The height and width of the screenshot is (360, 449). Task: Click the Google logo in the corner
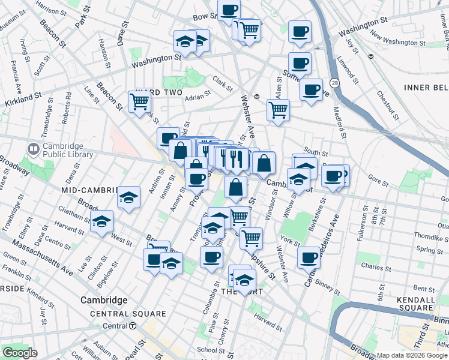click(x=20, y=352)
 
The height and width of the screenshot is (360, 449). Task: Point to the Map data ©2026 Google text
click(x=412, y=355)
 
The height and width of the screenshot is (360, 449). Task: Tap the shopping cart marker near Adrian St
click(x=139, y=101)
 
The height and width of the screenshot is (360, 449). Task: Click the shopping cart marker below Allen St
click(x=278, y=110)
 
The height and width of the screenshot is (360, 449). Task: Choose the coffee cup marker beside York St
click(x=309, y=257)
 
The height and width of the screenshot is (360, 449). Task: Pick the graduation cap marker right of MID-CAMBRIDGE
click(x=128, y=197)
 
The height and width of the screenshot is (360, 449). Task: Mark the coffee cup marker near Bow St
click(x=229, y=10)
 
